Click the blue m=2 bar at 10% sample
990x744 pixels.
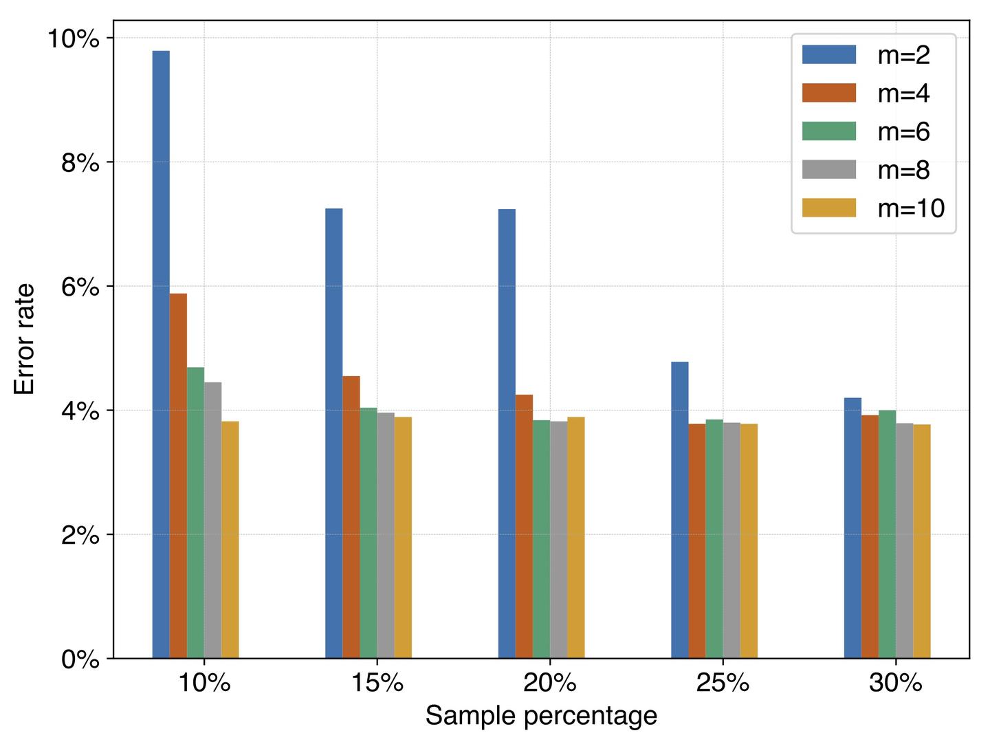point(161,354)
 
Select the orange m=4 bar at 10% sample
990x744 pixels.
point(178,476)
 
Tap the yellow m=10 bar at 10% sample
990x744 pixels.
point(230,540)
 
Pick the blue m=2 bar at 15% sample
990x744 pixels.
point(334,433)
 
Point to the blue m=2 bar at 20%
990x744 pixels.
point(507,433)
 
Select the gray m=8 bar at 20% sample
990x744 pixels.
point(559,540)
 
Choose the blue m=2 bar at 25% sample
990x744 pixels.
point(680,510)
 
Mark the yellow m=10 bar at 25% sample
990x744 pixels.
point(749,541)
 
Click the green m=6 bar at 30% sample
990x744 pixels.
point(888,534)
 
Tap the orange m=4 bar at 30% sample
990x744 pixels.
point(870,536)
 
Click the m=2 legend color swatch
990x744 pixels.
point(829,55)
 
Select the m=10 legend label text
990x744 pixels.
point(911,208)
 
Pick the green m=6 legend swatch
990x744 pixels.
point(829,131)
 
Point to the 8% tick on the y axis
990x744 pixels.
point(80,163)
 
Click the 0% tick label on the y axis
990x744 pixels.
point(80,659)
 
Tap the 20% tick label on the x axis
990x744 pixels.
point(549,683)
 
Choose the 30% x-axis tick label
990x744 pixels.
point(895,683)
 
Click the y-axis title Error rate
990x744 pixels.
point(25,340)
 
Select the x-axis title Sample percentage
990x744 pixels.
point(541,716)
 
